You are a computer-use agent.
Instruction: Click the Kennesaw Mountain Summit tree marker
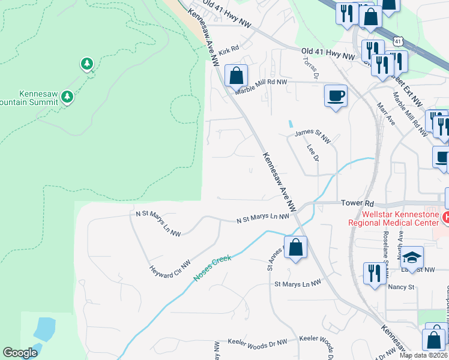(x=67, y=97)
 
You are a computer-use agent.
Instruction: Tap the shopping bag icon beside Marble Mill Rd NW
(x=236, y=76)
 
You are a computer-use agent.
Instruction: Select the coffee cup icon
(x=335, y=95)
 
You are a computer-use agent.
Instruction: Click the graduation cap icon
(x=411, y=257)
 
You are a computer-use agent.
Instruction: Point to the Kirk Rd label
(x=229, y=52)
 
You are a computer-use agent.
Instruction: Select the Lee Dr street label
(x=312, y=152)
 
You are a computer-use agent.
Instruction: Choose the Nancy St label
(x=402, y=287)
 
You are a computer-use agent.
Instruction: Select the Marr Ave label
(x=385, y=113)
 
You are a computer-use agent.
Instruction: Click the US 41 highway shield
(x=397, y=40)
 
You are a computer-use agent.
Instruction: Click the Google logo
(x=20, y=353)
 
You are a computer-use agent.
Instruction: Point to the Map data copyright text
(x=424, y=355)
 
